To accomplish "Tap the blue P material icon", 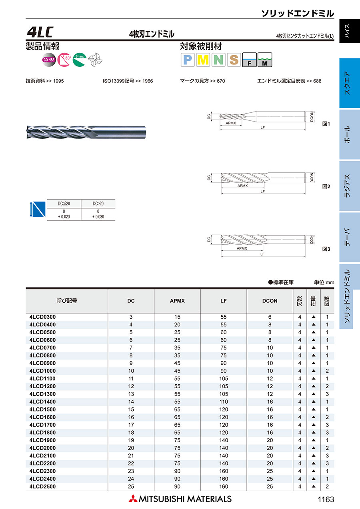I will click(188, 60).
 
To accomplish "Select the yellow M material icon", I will click(203, 60).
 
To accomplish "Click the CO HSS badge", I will click(48, 60).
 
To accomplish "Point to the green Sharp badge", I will click(79, 60).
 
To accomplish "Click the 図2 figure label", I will click(326, 186).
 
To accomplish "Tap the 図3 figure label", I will click(326, 249).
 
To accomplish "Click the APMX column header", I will click(177, 301).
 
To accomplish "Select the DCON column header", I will click(270, 301).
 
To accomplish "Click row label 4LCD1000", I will click(43, 371).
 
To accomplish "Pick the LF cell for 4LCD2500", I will click(224, 487).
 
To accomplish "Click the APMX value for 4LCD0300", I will click(177, 317).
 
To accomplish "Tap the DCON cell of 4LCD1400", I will click(270, 401).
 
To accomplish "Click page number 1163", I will click(326, 499).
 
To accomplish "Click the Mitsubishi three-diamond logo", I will click(132, 499).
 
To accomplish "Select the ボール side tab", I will click(347, 134).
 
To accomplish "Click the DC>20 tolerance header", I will click(98, 204).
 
